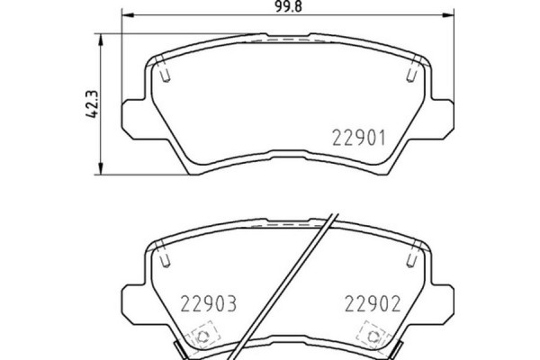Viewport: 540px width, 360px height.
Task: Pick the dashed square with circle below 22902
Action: click(371, 336)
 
